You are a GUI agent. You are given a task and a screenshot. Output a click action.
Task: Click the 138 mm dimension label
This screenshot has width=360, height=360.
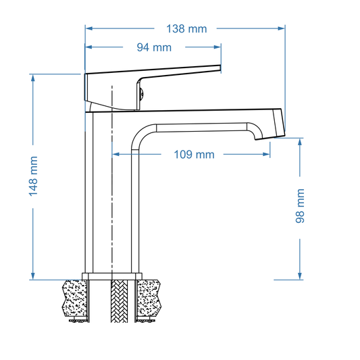tap(186, 28)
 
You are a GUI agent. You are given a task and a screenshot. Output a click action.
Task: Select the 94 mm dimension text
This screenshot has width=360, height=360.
tap(154, 47)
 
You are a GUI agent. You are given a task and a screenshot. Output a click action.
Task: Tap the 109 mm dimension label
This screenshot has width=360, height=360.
tap(195, 155)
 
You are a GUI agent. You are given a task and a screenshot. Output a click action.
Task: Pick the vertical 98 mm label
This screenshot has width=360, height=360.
tap(301, 206)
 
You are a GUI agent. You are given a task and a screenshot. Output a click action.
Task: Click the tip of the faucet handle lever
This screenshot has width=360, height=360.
tap(220, 67)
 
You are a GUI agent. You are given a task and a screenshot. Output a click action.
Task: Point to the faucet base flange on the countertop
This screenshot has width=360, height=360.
tap(111, 276)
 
